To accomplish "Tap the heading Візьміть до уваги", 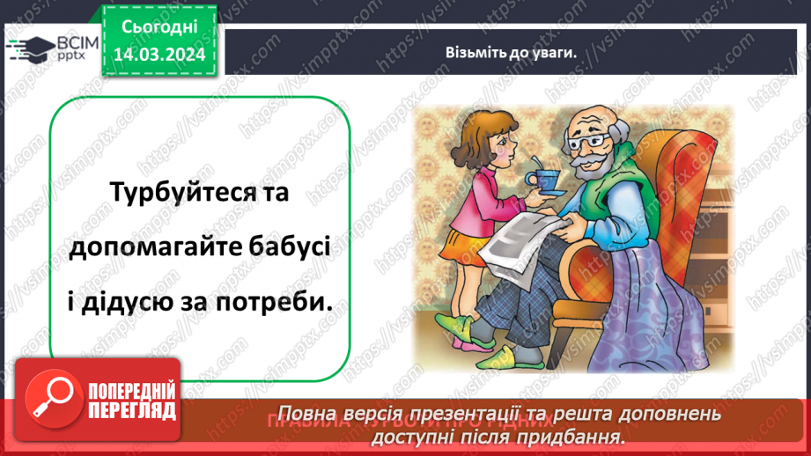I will tap(511, 52).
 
